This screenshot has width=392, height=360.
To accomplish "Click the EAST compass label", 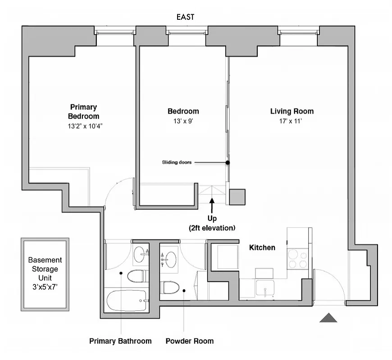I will coord(185,17).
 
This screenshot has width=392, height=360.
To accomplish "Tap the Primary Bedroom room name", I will coord(83,111).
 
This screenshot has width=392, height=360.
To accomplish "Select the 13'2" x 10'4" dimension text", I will coord(84,126).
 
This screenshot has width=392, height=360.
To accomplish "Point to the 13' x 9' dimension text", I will coord(183,121).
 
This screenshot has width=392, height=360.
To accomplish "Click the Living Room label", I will coord(292,111).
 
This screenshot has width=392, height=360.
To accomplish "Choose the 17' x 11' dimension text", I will coord(292,121).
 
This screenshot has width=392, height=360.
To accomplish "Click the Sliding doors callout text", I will coord(177,162).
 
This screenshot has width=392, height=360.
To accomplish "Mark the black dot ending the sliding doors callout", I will coord(228,162).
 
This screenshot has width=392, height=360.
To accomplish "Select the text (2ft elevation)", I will coord(212,228).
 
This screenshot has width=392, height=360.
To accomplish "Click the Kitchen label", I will coord(262,247).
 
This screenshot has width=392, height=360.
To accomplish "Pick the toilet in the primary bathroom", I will coord(137,275).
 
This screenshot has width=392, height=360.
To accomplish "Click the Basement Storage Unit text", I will coord(45,274).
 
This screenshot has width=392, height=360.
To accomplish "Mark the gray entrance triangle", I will coord(328,318).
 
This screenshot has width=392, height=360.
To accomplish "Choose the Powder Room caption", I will coord(190,341).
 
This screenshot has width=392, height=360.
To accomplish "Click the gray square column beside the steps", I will coord(237,197).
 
